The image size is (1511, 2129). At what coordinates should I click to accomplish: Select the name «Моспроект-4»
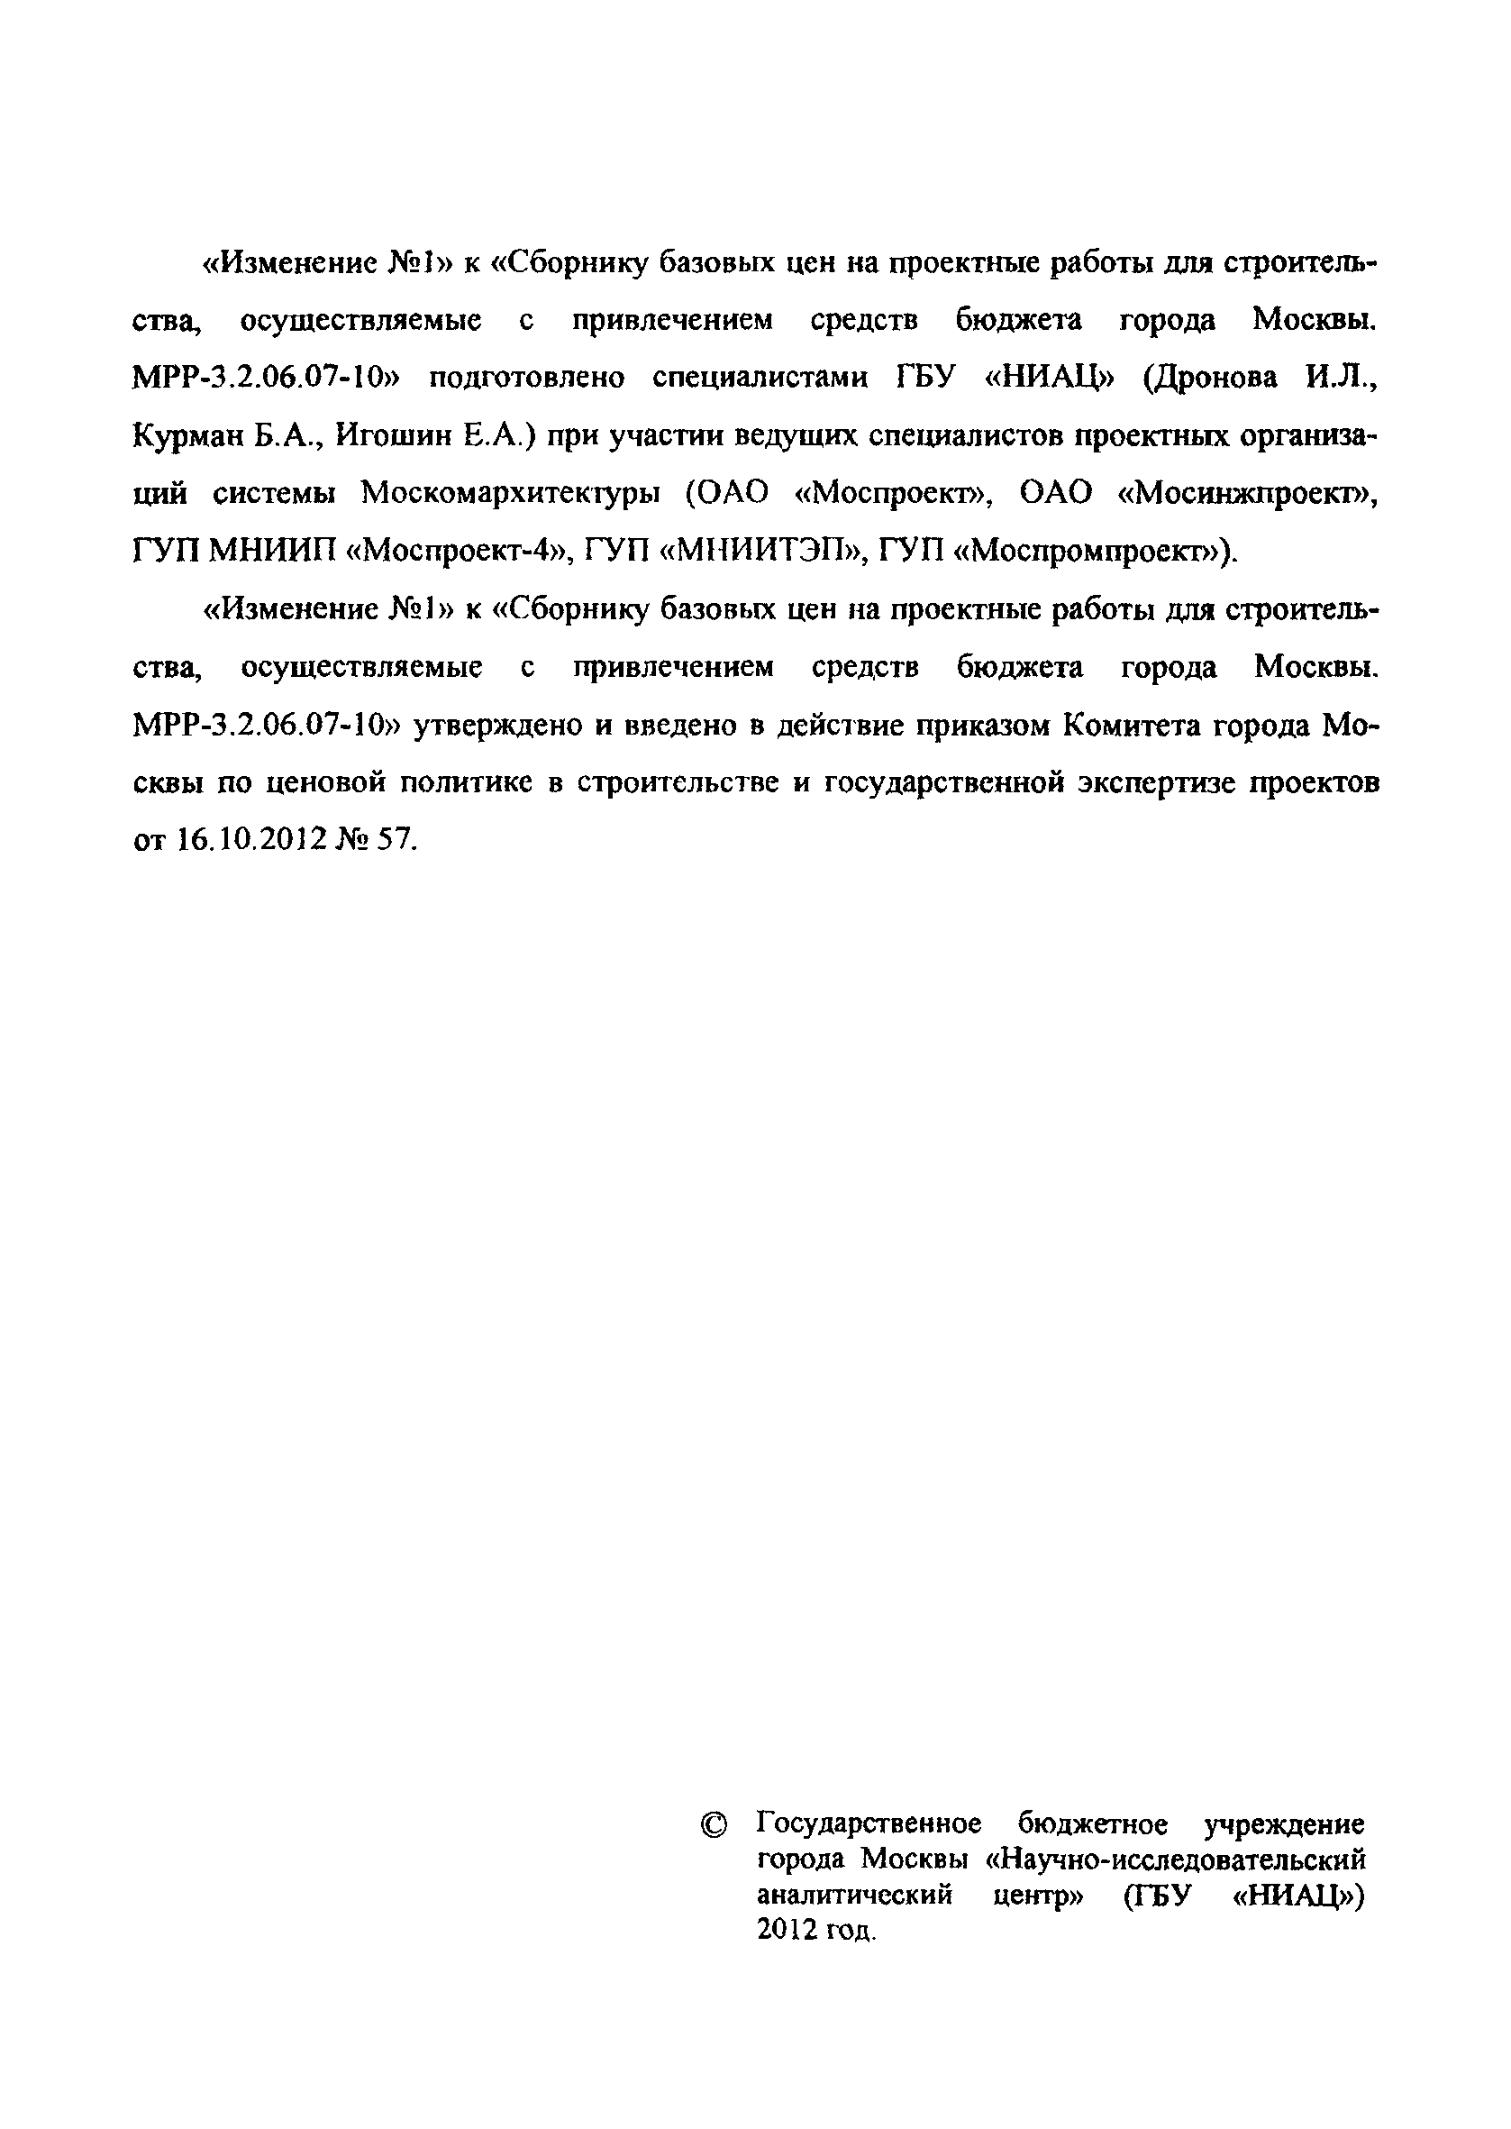click(x=456, y=552)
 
